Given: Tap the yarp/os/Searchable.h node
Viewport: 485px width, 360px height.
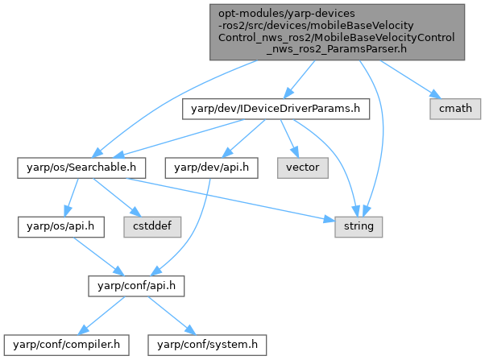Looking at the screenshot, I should [x=81, y=168].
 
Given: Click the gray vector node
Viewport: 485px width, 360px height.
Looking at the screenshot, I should [x=299, y=168].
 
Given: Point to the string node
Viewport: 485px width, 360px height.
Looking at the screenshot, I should [x=359, y=227].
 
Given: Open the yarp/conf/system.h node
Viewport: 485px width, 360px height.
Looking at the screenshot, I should [x=206, y=345].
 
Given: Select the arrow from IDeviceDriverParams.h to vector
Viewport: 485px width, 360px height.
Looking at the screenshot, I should [x=289, y=140].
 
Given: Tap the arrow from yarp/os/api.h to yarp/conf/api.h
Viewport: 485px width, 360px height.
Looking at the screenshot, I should [x=89, y=256].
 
